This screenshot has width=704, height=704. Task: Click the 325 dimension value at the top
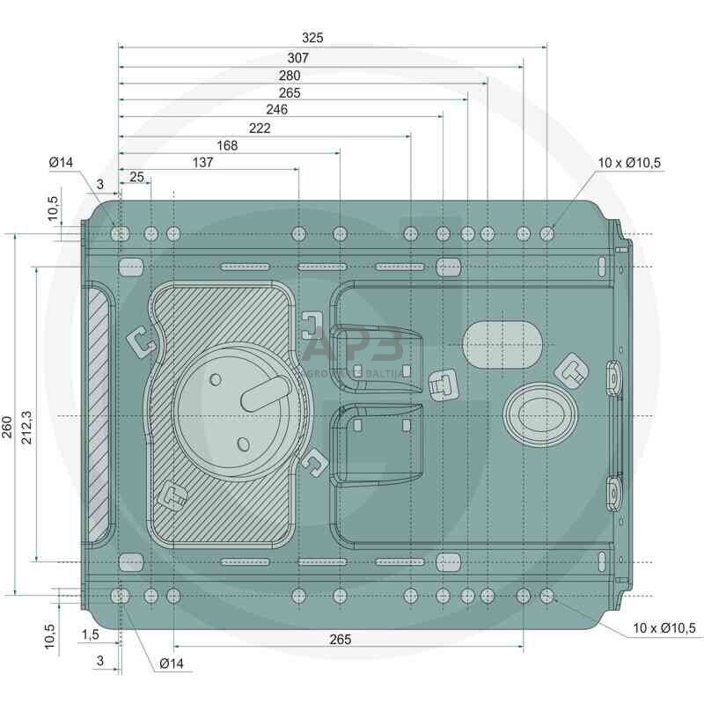312,38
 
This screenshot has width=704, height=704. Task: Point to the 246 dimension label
277,110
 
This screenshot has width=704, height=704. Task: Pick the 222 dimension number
260,128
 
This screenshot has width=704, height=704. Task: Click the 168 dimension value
226,145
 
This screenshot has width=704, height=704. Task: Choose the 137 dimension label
202,163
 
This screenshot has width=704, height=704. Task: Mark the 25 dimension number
136,177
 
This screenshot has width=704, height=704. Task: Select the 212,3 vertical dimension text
26,412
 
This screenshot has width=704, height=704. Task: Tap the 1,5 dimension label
90,634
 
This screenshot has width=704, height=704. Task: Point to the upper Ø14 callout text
61,163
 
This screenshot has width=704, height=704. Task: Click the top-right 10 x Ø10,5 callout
628,163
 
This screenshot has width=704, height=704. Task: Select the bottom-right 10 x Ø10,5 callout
664,627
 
